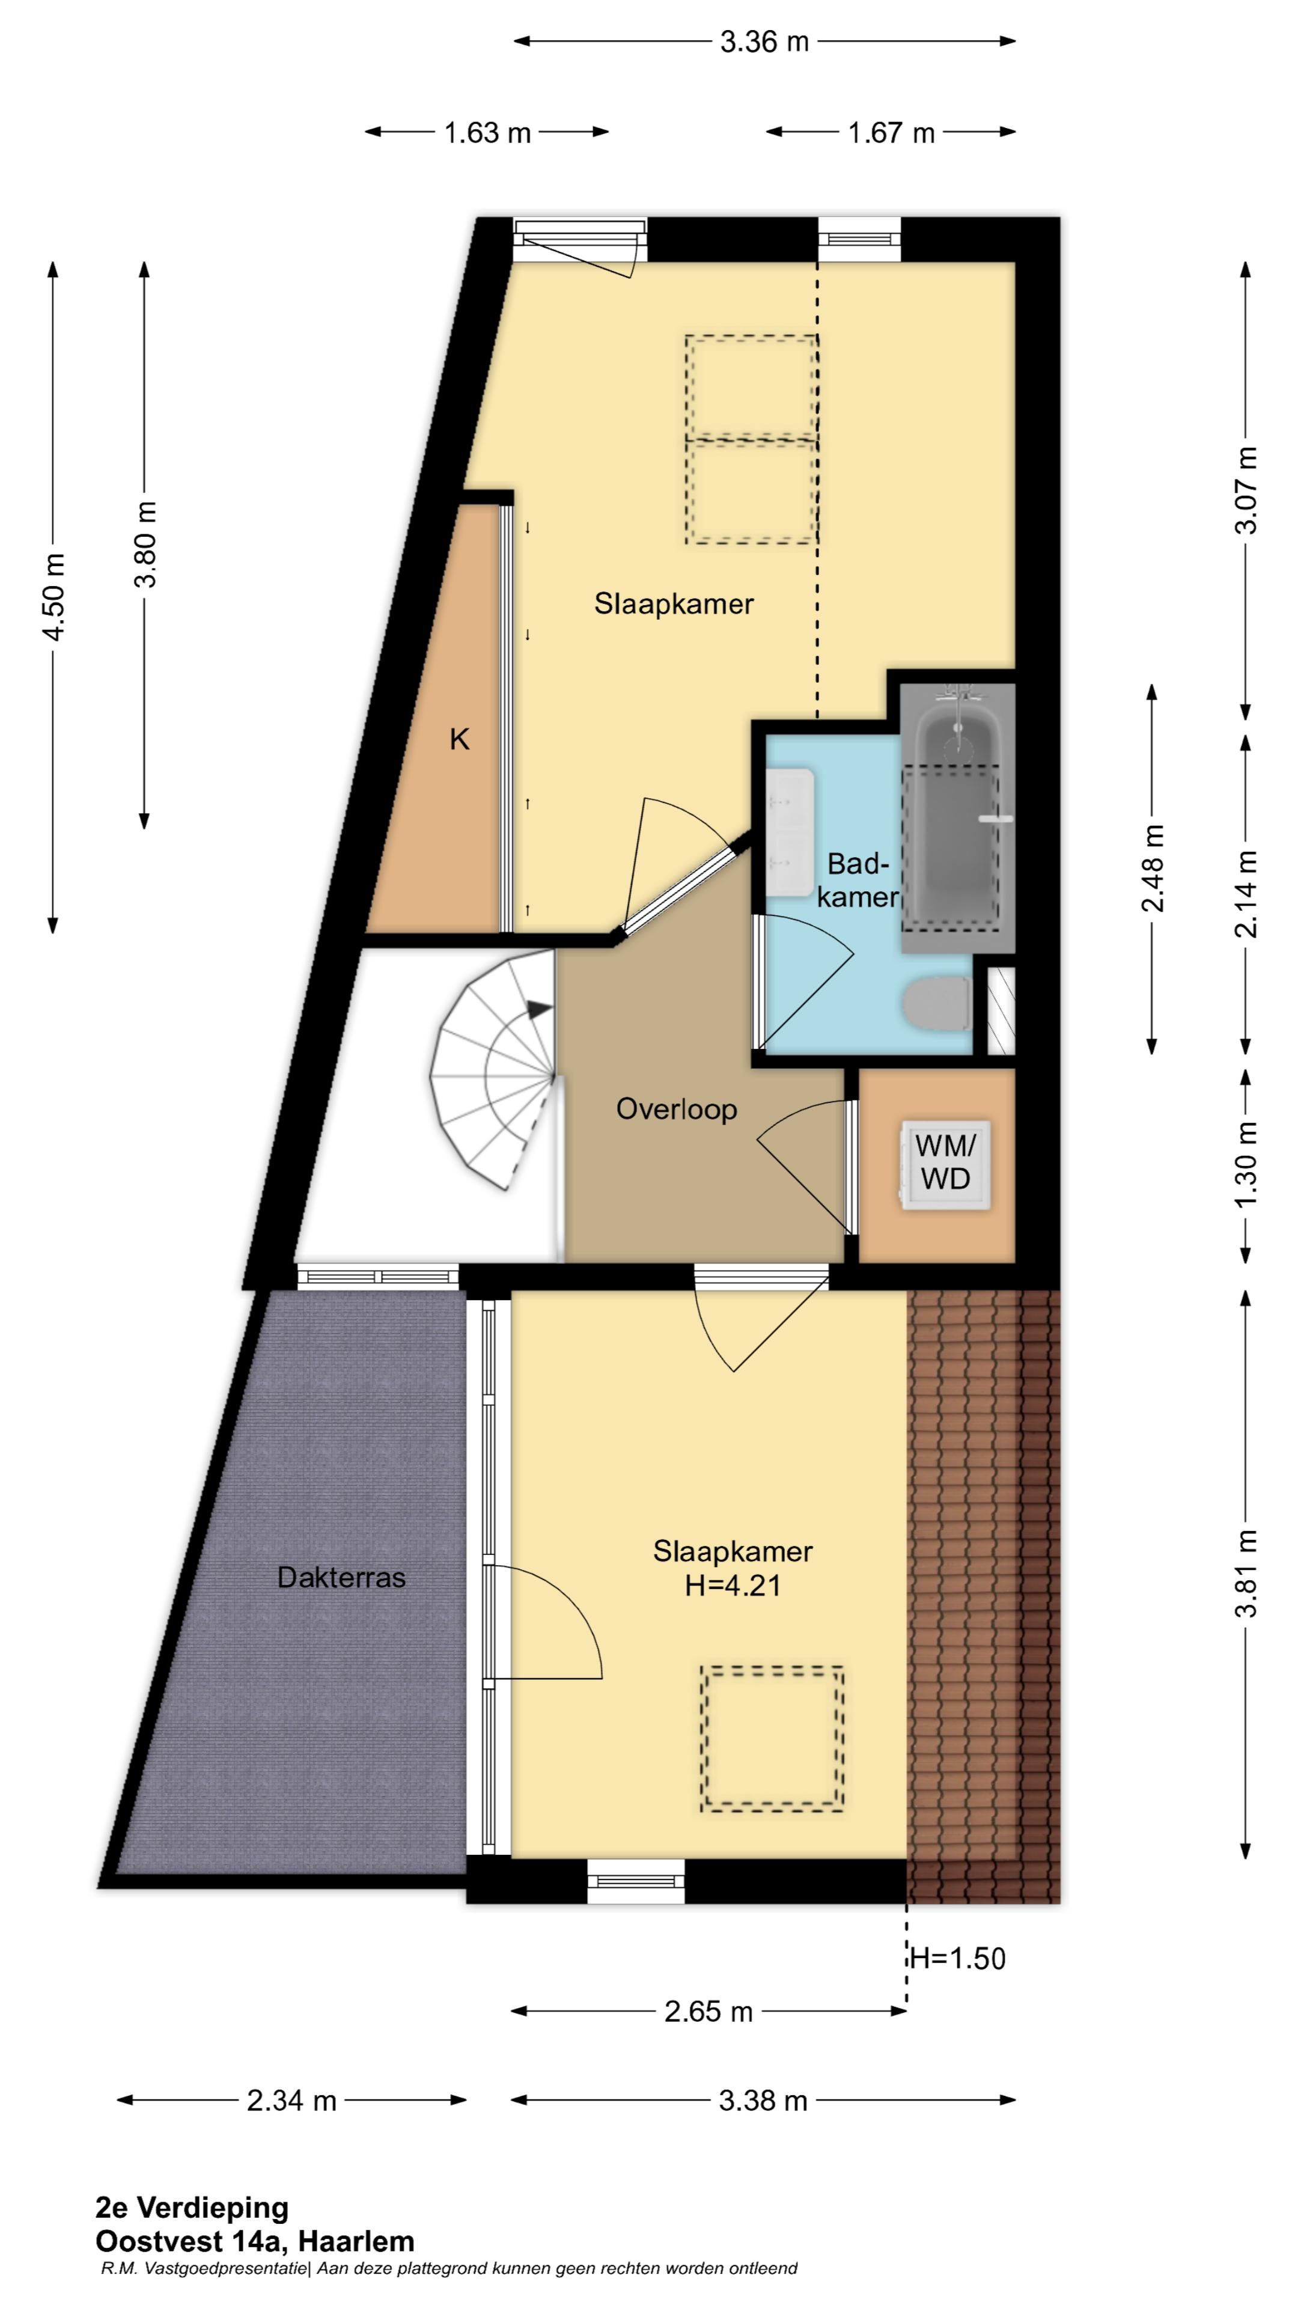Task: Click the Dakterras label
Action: click(x=341, y=1577)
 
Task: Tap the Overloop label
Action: click(x=676, y=1109)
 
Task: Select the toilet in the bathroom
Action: click(x=937, y=1004)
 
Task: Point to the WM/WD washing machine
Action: click(x=946, y=1165)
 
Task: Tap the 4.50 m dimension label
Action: click(x=53, y=597)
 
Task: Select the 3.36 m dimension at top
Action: click(x=764, y=41)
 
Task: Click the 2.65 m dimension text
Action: click(x=708, y=2012)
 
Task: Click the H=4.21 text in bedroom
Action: click(x=733, y=1586)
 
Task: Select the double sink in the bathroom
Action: click(x=790, y=831)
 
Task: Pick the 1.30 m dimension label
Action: click(x=1246, y=1165)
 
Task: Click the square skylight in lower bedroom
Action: click(x=772, y=1739)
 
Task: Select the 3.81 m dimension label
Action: click(x=1246, y=1572)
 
